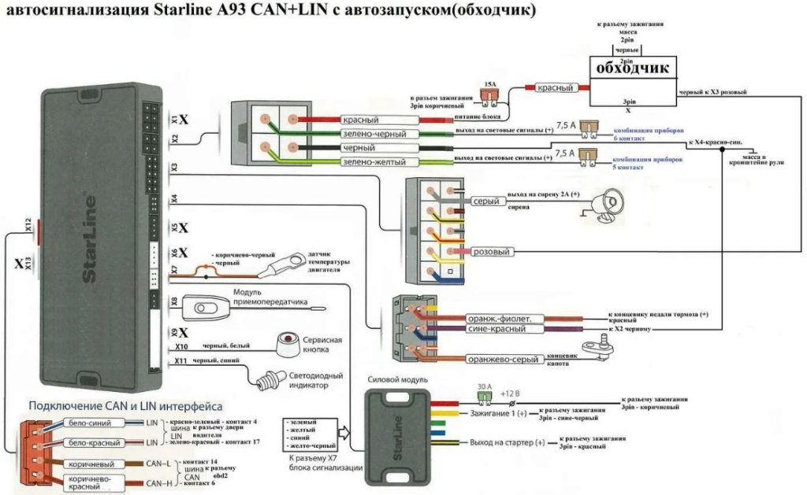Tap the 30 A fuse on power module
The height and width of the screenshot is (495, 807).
coord(485,397)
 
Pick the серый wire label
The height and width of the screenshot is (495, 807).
coord(487,201)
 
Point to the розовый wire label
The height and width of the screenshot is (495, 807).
coord(492,252)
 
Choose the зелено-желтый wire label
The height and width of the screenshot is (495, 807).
coord(374,162)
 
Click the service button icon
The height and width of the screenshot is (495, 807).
coord(292,343)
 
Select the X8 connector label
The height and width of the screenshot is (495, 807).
coord(175,302)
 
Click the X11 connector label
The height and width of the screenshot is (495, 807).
coord(180,361)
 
